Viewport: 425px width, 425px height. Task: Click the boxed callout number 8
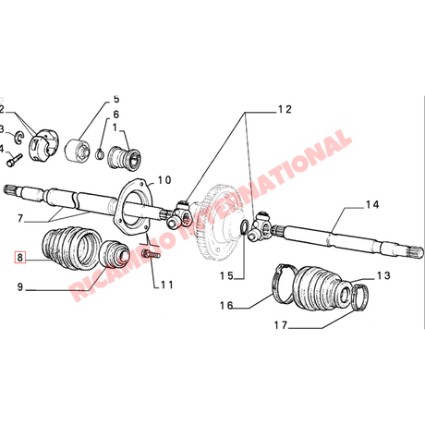(20, 257)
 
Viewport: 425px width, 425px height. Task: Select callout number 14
(372, 205)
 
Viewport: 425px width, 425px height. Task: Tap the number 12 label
(285, 109)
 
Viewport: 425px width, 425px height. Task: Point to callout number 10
(164, 180)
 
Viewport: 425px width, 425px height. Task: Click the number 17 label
(281, 325)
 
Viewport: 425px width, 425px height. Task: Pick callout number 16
(226, 305)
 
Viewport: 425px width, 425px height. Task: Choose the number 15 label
(226, 275)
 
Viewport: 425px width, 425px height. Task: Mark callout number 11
(167, 285)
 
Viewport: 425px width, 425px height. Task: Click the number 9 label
(20, 287)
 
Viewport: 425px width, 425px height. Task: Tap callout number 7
(20, 218)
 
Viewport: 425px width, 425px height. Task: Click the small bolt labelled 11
(150, 255)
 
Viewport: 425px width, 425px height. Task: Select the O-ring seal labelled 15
(244, 227)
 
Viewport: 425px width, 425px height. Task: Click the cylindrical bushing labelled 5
(78, 151)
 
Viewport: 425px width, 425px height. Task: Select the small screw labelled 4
(15, 161)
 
